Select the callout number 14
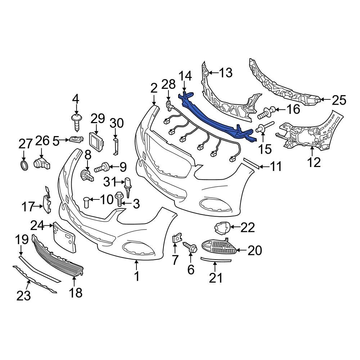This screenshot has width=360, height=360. [185, 76]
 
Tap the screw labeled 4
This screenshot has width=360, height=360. [76, 122]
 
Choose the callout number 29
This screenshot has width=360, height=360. [97, 119]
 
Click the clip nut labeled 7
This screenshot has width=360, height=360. [176, 239]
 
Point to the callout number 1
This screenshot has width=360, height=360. [136, 276]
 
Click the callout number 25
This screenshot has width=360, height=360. [338, 100]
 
